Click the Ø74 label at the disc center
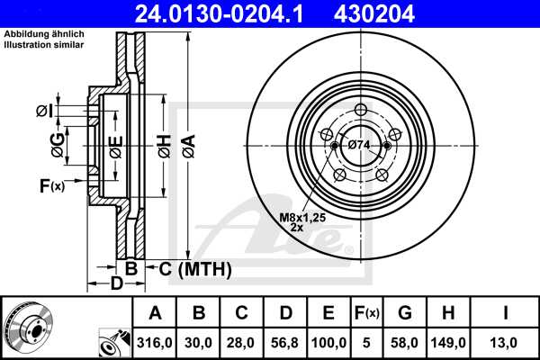[x=359, y=145]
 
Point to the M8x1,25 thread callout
[x=301, y=216]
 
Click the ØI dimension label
[x=44, y=111]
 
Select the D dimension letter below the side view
[x=116, y=285]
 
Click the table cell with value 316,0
[x=155, y=343]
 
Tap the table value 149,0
[x=448, y=343]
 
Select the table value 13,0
[x=508, y=343]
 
